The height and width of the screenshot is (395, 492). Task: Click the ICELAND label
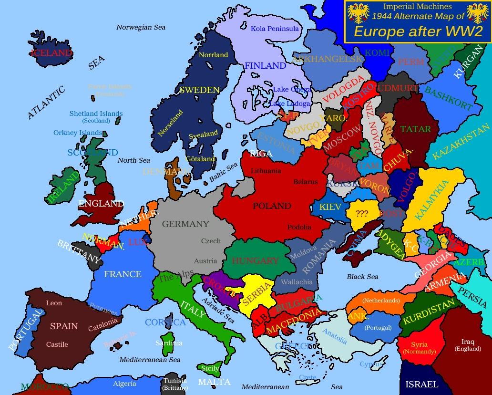click(x=51, y=53)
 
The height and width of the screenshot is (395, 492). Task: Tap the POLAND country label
click(x=272, y=206)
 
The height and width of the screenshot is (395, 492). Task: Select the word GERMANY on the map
click(x=185, y=224)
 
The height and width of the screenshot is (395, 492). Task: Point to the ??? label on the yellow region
click(x=362, y=213)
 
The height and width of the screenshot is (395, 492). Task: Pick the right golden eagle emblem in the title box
click(x=477, y=14)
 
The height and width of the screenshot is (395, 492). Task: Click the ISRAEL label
click(x=421, y=384)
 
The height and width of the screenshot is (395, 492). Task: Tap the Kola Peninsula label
click(x=275, y=29)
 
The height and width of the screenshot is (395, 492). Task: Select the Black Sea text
click(x=362, y=277)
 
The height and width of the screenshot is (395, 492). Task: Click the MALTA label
click(x=214, y=382)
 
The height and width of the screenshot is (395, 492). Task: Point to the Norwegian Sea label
click(x=141, y=27)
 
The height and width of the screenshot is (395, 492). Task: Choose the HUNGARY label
click(x=255, y=261)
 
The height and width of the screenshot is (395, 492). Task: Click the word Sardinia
click(x=169, y=343)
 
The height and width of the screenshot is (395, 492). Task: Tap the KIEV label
click(x=330, y=207)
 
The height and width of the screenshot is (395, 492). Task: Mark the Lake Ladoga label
click(x=290, y=104)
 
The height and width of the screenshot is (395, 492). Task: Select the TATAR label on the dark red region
click(x=415, y=129)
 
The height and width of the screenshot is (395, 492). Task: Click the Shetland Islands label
click(x=96, y=114)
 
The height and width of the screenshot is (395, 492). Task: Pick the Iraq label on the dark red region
click(x=468, y=342)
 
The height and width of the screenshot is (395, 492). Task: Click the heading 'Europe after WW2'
click(x=418, y=32)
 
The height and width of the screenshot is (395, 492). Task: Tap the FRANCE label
click(x=123, y=274)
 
